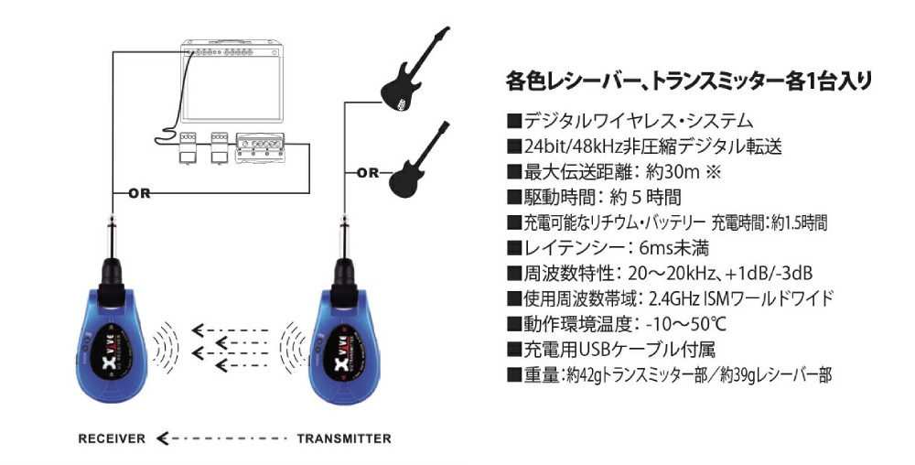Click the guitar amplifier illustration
(231, 81)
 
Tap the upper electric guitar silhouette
(415, 68)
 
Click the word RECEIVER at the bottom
(112, 438)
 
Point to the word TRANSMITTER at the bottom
(344, 438)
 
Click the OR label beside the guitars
(368, 173)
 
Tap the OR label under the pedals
(139, 192)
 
